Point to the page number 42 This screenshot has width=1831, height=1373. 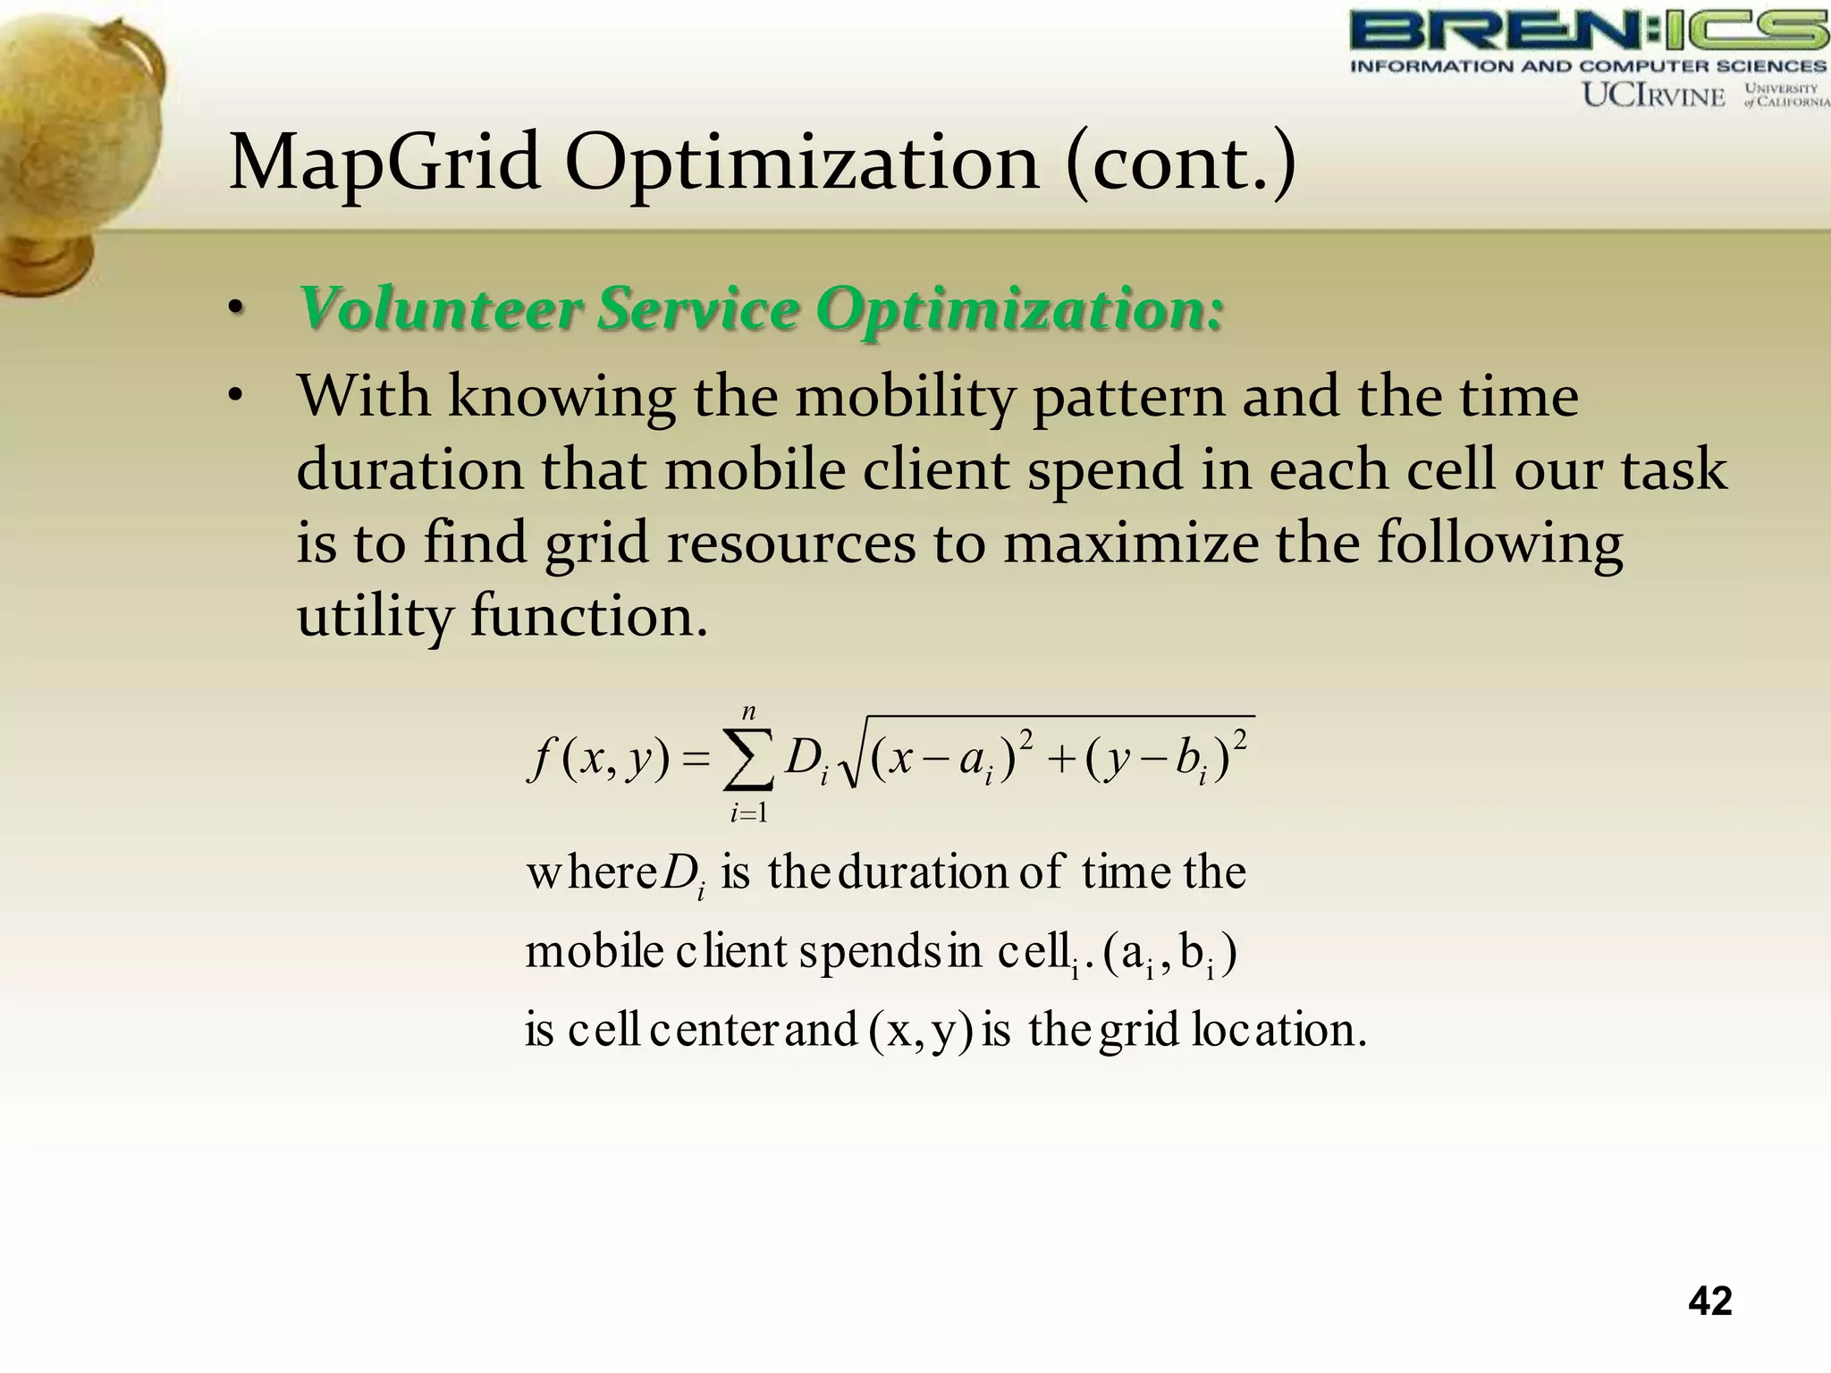(x=1709, y=1301)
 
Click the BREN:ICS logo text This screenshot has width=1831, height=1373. (x=1588, y=31)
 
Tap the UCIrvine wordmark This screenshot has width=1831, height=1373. (x=1654, y=96)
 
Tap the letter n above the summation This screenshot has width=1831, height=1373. (x=749, y=712)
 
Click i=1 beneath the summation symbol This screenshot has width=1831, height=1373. (x=749, y=813)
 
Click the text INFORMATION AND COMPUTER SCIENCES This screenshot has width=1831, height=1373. (x=1588, y=66)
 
